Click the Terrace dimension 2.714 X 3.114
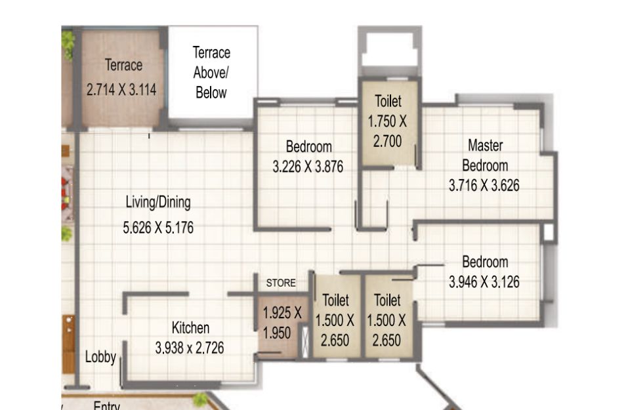121,89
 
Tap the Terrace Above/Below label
211,72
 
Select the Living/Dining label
158,202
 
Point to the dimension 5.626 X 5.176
158,228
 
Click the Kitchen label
191,328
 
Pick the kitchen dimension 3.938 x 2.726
190,348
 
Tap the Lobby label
100,357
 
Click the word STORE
281,283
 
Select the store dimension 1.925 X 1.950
282,323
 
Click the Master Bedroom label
485,155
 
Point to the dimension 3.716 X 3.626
484,186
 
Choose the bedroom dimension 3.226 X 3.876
308,167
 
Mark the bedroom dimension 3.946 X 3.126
484,282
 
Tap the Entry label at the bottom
106,405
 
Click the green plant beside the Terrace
68,44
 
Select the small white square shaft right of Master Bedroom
549,232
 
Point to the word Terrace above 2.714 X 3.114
123,65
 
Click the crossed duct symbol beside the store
305,342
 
